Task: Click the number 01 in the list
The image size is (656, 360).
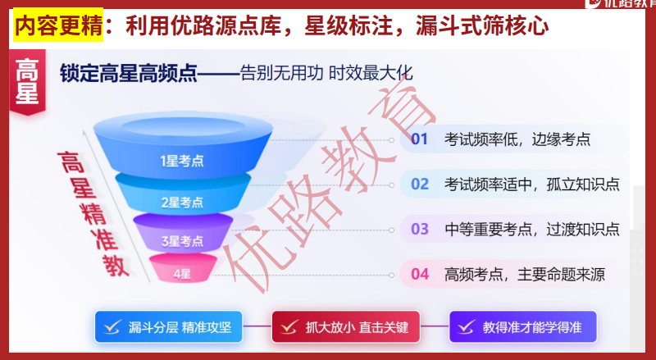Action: [x=420, y=139]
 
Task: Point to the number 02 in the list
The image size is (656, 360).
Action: [x=420, y=184]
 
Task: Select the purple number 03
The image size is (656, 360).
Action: [x=420, y=229]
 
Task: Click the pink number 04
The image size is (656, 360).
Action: [x=420, y=274]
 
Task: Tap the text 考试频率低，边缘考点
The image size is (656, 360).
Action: [x=517, y=139]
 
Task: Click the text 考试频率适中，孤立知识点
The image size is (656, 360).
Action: [x=531, y=184]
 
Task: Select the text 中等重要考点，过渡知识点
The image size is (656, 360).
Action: [x=531, y=229]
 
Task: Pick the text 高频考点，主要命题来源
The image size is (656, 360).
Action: [x=524, y=274]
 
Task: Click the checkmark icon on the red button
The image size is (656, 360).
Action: [x=289, y=327]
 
